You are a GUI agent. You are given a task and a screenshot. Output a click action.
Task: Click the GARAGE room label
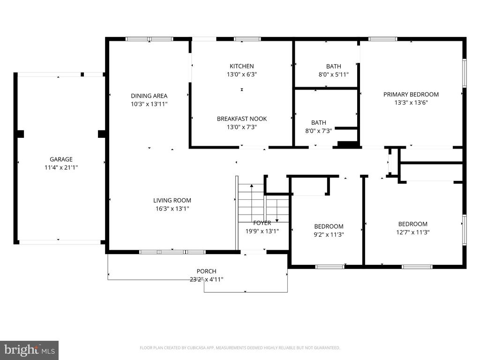pyautogui.click(x=61, y=159)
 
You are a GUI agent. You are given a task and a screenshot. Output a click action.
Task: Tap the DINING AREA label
pyautogui.click(x=149, y=96)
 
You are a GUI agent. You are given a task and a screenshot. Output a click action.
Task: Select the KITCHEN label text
pyautogui.click(x=242, y=66)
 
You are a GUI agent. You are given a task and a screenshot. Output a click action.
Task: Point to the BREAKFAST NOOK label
pyautogui.click(x=242, y=119)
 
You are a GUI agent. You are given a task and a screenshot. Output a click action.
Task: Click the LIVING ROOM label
pyautogui.click(x=172, y=201)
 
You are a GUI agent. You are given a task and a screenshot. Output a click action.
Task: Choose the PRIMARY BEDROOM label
pyautogui.click(x=411, y=95)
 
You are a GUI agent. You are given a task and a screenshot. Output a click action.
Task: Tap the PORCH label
pyautogui.click(x=206, y=271)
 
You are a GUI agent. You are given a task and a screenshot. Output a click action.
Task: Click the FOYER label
pyautogui.click(x=262, y=223)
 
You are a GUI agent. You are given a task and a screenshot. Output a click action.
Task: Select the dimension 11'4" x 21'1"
pyautogui.click(x=61, y=167)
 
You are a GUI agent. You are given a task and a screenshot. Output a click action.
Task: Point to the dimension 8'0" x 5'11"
pyautogui.click(x=334, y=75)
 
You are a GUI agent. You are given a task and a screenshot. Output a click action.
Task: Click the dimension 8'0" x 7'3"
pyautogui.click(x=319, y=131)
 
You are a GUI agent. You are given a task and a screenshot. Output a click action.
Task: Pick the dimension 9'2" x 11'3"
pyautogui.click(x=329, y=235)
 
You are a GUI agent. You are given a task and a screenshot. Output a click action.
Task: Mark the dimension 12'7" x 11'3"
pyautogui.click(x=412, y=232)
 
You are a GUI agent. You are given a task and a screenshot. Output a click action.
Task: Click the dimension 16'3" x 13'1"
pyautogui.click(x=172, y=209)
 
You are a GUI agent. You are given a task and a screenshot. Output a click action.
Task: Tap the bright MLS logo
pyautogui.click(x=30, y=350)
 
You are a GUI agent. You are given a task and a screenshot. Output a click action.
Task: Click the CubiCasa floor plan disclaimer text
pyautogui.click(x=240, y=348)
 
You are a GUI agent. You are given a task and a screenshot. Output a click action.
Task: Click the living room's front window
pyautogui.click(x=172, y=252)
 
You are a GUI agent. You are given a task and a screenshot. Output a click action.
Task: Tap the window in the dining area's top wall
pyautogui.click(x=150, y=39)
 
